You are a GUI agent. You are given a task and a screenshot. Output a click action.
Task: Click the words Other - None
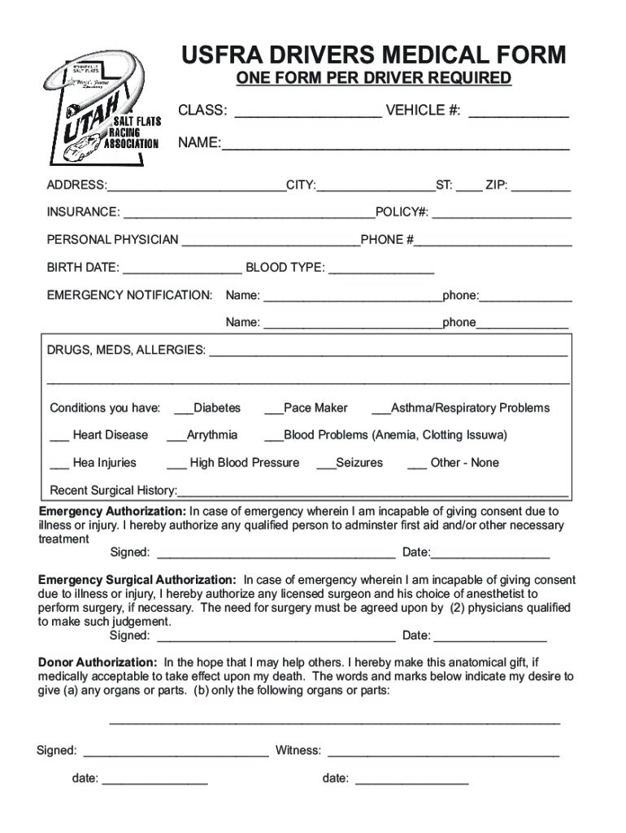tap(464, 463)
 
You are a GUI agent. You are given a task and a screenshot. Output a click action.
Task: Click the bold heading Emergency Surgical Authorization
tap(137, 580)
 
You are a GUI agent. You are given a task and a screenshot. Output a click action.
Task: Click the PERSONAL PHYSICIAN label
tap(112, 240)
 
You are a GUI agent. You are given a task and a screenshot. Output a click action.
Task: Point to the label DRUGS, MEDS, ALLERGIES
tap(126, 350)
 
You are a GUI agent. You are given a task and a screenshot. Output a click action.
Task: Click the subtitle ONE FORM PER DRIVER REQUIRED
tap(374, 79)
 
